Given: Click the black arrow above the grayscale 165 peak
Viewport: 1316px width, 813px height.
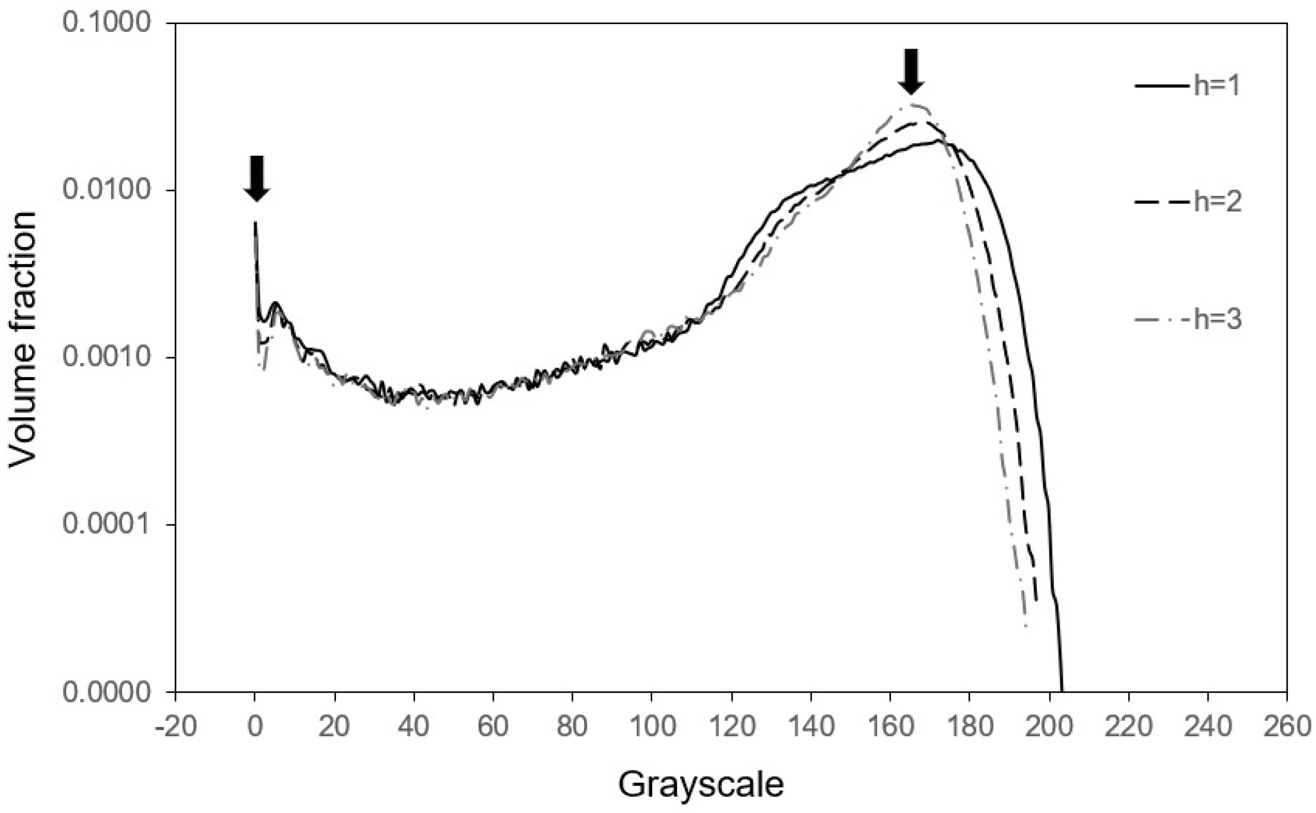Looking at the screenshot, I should (x=911, y=71).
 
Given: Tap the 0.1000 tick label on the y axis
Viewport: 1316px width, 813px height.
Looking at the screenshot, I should (x=105, y=23).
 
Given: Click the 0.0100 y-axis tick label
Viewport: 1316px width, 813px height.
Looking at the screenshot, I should (x=105, y=190).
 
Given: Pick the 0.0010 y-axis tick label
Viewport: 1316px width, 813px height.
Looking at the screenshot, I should (x=105, y=358).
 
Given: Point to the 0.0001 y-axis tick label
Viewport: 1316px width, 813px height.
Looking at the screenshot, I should (x=105, y=524).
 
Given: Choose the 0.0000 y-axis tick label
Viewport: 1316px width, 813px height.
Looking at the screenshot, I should (x=105, y=691).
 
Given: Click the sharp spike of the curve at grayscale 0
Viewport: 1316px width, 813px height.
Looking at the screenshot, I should (x=255, y=223).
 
